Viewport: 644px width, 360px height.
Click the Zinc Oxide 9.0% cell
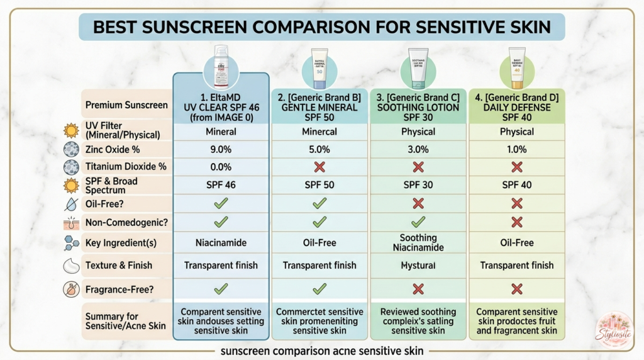tap(220, 149)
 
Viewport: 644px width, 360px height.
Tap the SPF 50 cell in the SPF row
tap(319, 185)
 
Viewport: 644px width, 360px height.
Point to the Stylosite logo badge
tap(614, 329)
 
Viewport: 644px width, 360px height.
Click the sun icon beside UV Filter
tap(71, 131)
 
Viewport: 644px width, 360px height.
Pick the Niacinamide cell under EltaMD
tap(220, 242)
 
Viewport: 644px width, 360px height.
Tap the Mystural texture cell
tap(418, 266)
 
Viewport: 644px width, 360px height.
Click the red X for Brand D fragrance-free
tap(516, 289)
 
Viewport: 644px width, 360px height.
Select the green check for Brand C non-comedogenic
tap(418, 222)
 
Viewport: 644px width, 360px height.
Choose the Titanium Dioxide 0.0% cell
tap(220, 167)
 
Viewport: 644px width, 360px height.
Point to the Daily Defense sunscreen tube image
tap(516, 69)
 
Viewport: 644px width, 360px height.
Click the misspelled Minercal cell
tap(319, 132)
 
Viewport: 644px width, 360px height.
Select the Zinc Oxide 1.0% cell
tap(516, 149)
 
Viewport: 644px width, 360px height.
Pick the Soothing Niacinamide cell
tap(418, 242)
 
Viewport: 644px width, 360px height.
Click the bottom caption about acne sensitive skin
tap(321, 351)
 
